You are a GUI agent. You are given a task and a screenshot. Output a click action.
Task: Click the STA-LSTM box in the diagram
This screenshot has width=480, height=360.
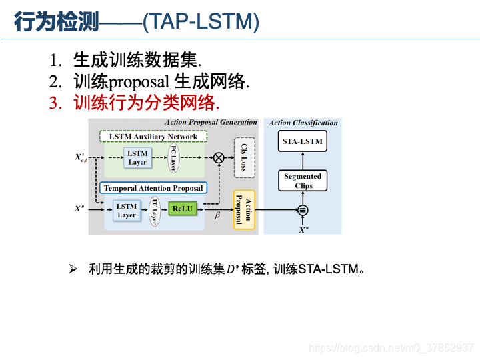click(303, 141)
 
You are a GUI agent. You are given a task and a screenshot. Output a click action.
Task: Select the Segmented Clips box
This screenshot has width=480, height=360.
click(303, 181)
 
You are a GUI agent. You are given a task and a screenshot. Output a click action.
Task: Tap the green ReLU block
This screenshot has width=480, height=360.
click(181, 209)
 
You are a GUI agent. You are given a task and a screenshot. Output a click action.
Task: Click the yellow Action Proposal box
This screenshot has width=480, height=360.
click(244, 209)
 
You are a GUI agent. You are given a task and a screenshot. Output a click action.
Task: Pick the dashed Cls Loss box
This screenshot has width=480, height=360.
click(244, 158)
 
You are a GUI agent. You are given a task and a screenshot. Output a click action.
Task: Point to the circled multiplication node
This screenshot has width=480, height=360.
click(218, 158)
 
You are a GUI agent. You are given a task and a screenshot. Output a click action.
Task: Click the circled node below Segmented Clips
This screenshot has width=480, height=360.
click(303, 209)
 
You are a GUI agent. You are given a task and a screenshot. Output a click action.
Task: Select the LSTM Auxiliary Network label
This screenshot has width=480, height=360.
click(153, 136)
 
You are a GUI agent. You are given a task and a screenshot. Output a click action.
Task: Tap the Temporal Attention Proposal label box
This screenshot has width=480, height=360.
click(153, 188)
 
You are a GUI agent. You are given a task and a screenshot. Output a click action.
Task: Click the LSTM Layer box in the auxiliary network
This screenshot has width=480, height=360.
click(137, 158)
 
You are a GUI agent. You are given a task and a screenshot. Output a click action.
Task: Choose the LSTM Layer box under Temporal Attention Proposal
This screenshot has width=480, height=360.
click(127, 211)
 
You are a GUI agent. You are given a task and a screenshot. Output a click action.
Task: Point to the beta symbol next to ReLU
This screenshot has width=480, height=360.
click(217, 216)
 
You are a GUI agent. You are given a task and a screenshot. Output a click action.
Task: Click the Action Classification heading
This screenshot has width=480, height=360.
click(303, 123)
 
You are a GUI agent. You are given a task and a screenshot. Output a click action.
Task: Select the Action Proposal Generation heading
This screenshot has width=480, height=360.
click(211, 122)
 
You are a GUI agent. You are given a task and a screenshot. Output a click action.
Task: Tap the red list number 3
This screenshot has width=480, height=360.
click(55, 103)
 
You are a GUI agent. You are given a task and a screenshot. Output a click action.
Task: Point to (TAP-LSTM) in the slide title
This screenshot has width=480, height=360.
click(201, 22)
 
